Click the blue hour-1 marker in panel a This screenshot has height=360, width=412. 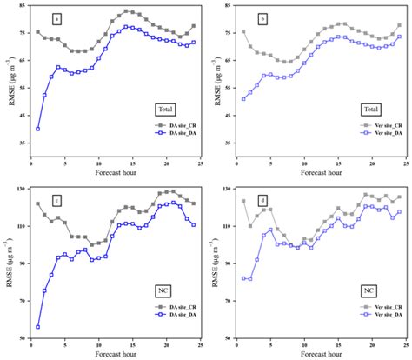coord(37,129)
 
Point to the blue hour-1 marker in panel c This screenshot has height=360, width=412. coord(37,327)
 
